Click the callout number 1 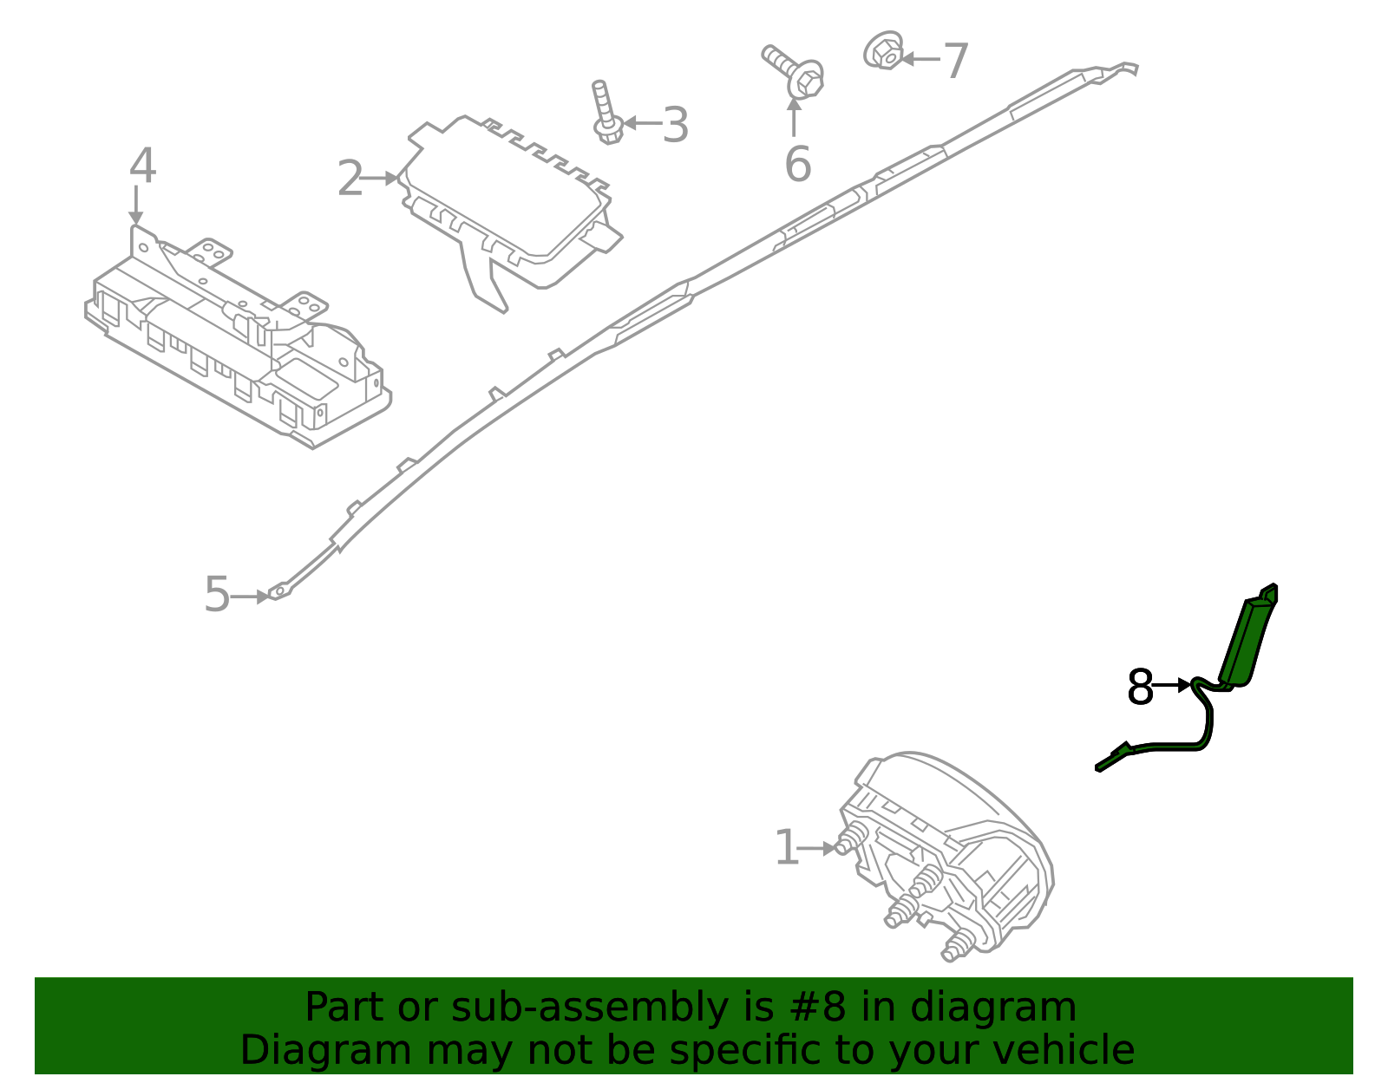pos(786,848)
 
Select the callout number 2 pos(350,179)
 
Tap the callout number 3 pos(675,126)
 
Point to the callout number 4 pos(142,166)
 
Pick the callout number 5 pos(217,596)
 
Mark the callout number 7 pos(955,62)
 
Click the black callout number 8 pos(1140,688)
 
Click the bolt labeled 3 pos(605,113)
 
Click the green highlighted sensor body pos(1249,638)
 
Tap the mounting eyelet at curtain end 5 pos(279,593)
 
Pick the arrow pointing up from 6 pos(794,116)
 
